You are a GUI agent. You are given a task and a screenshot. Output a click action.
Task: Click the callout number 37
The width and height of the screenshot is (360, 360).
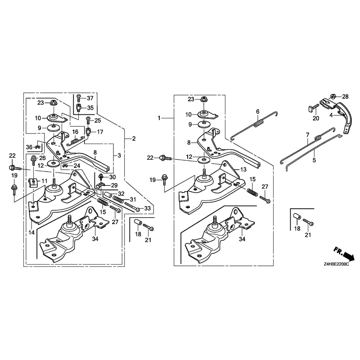pos(90,98)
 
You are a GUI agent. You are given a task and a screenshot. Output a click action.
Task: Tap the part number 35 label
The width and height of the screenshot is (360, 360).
pos(90,108)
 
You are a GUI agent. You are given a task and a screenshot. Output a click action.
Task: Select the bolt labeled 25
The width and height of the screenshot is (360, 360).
pos(88,120)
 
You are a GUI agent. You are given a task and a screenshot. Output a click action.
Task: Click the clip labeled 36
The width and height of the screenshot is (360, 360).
pos(37,147)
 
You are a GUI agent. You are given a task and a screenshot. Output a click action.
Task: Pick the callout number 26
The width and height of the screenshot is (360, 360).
pos(42,158)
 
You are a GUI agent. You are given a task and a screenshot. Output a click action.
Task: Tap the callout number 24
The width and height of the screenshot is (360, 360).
pos(76,166)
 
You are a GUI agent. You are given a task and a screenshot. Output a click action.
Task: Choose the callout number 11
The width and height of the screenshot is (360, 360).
pos(45,181)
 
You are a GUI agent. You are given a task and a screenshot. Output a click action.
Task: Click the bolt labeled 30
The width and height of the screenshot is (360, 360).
pos(100,177)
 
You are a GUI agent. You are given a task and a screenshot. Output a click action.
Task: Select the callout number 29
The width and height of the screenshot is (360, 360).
pos(114,185)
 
